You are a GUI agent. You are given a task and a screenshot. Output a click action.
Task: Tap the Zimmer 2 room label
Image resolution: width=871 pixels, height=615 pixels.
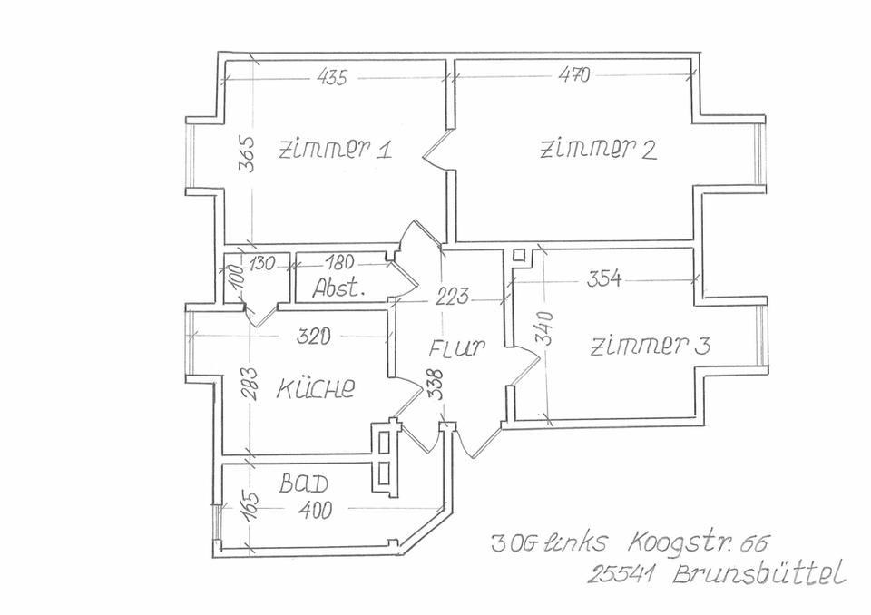[x=598, y=150]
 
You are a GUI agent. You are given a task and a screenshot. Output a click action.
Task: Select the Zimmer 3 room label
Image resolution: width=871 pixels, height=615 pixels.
[x=651, y=346]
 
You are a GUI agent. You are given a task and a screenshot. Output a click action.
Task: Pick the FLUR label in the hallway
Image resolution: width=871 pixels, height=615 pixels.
[x=458, y=347]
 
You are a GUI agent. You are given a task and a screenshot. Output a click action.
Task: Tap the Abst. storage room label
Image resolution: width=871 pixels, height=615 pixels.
[x=338, y=289]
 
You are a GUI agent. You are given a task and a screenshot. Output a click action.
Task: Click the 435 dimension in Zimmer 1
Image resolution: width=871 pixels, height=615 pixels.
[x=332, y=78]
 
